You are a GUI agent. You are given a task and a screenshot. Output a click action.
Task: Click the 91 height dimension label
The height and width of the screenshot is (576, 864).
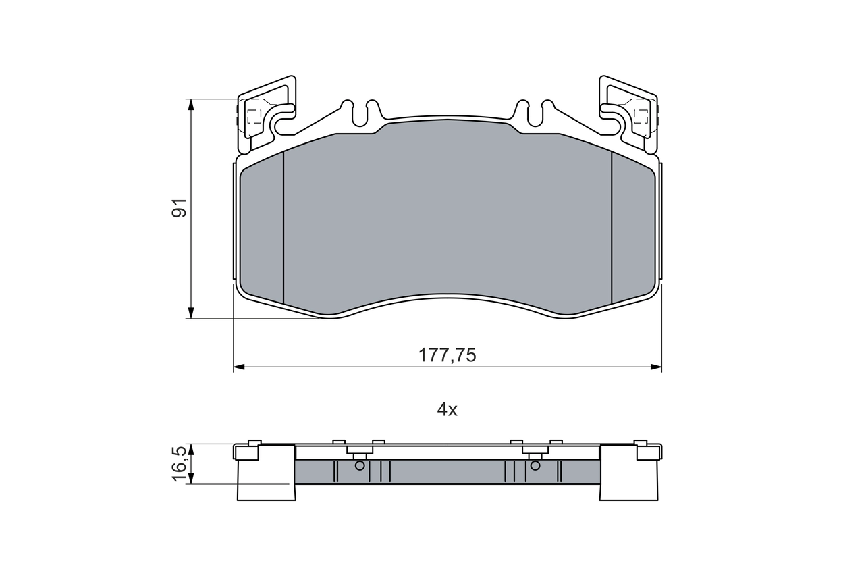[179, 209]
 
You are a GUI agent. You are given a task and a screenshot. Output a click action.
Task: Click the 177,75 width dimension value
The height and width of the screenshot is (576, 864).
[447, 355]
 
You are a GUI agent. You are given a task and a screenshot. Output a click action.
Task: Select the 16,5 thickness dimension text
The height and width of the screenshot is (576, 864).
[179, 463]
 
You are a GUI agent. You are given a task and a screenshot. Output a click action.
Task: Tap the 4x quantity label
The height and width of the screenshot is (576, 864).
[447, 409]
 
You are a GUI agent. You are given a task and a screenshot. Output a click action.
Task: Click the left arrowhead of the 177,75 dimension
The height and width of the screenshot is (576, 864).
[238, 367]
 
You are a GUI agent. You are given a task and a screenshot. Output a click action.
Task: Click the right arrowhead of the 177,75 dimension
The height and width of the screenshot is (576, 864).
[656, 367]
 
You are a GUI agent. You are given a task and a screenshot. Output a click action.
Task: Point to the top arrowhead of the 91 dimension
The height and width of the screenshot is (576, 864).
[192, 104]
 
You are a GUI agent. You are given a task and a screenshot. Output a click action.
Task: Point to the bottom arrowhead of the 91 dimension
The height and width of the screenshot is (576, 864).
[192, 313]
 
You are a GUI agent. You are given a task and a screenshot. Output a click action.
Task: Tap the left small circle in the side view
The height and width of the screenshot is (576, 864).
[360, 465]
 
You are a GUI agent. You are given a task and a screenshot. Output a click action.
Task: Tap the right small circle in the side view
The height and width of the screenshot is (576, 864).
[535, 465]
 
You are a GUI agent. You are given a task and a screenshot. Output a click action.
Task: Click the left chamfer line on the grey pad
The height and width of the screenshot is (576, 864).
[283, 227]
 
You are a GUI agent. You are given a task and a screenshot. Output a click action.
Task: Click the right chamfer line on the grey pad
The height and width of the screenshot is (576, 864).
[611, 227]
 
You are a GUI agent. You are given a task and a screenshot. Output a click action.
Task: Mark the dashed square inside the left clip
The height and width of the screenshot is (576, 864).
[254, 115]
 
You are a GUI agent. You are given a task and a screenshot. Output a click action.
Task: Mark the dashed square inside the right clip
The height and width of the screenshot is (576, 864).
[640, 115]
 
